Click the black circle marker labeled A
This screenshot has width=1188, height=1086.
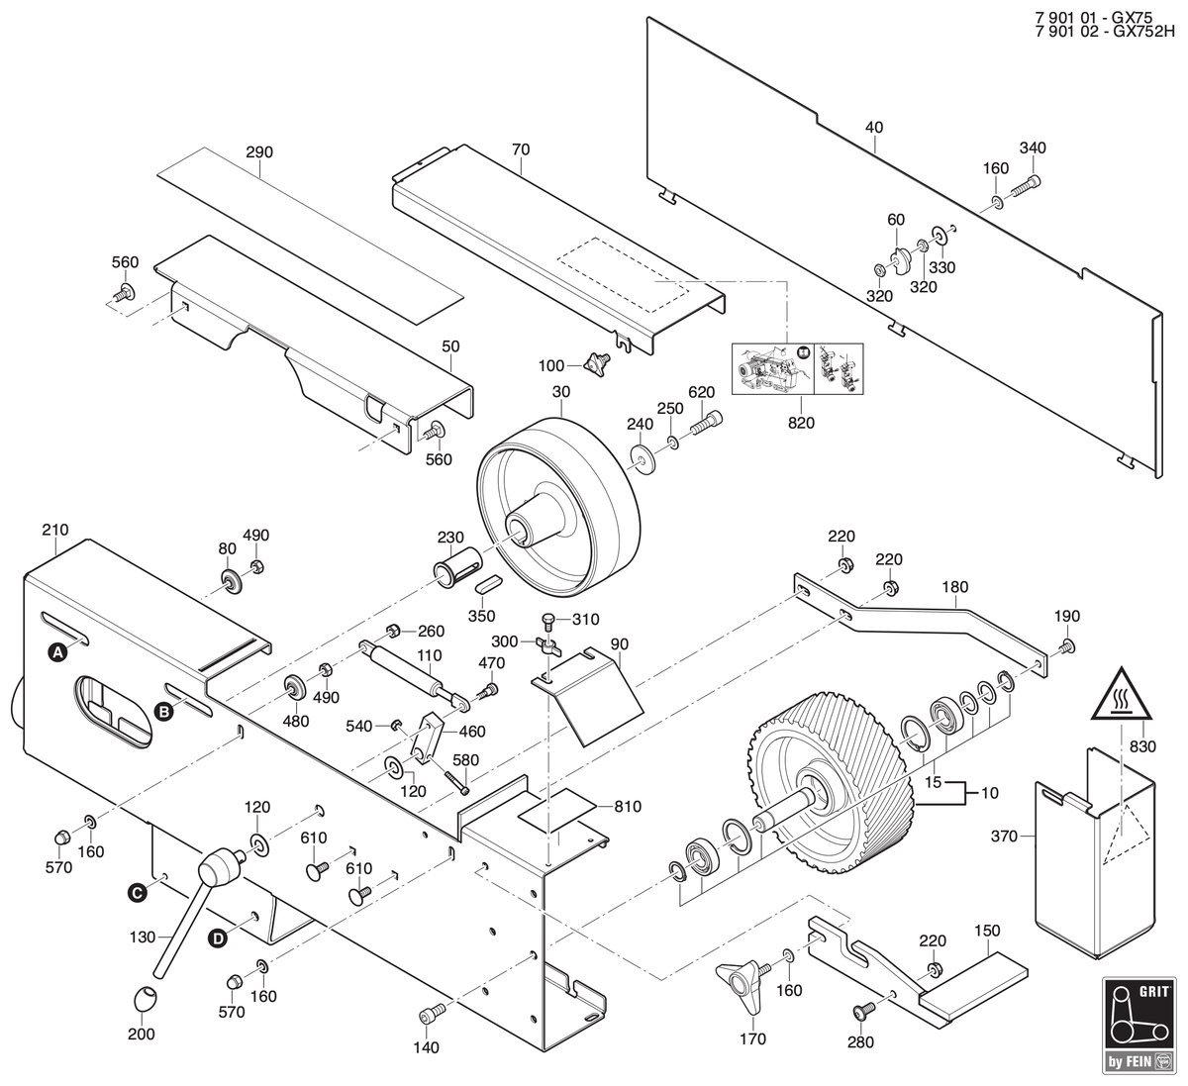57,653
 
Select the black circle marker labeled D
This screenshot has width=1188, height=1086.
218,938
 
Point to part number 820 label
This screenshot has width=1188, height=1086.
801,423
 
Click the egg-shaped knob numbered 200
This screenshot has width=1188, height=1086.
144,1000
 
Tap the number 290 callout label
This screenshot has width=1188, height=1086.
259,152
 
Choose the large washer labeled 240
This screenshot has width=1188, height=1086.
643,456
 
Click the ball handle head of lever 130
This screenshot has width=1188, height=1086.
218,866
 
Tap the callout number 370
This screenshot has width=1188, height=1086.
1004,836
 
